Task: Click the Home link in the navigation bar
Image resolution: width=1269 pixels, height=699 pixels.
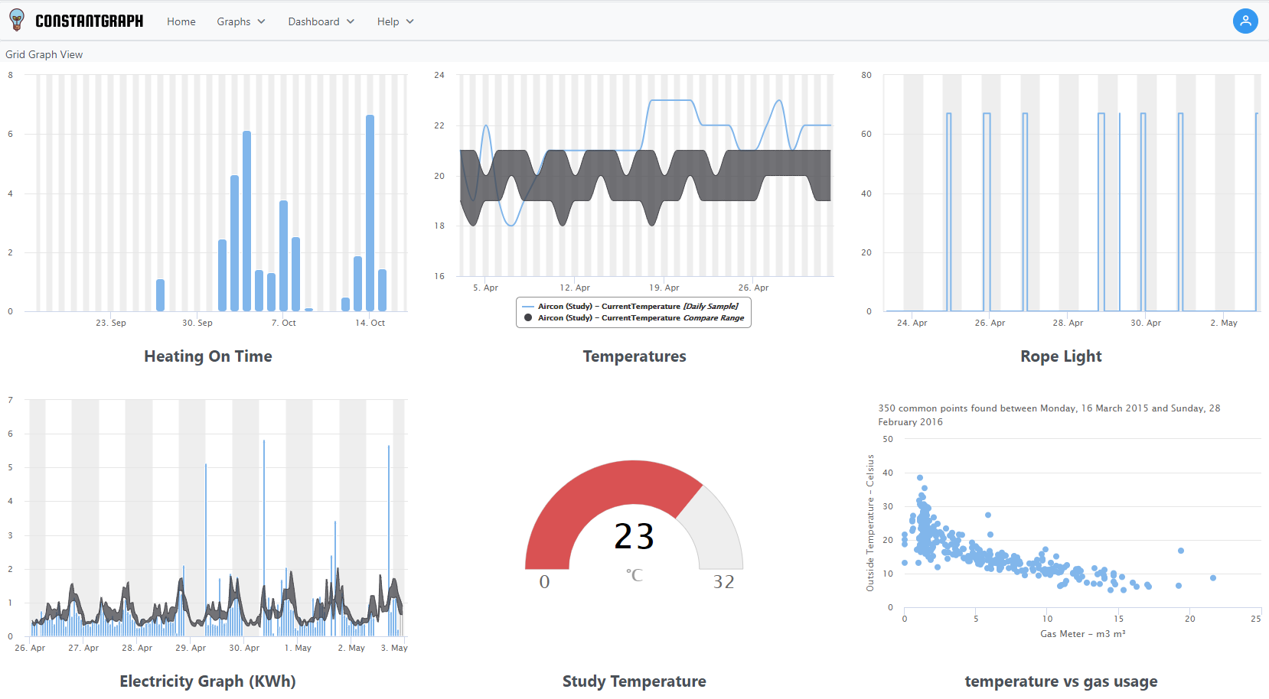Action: (181, 21)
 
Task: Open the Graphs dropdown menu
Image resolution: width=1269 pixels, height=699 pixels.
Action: (240, 21)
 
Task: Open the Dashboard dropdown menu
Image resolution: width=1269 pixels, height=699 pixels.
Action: (321, 21)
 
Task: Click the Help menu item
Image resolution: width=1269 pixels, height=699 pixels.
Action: (395, 21)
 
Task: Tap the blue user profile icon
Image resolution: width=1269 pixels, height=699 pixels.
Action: (1245, 21)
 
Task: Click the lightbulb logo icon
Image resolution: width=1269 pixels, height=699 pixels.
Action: (17, 21)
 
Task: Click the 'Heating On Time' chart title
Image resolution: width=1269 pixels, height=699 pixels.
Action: (208, 356)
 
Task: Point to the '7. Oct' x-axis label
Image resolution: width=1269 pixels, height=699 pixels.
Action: (284, 323)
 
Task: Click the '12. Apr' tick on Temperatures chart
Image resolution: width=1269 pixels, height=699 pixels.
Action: (575, 288)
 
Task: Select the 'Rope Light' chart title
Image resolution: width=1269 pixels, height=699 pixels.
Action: (1061, 356)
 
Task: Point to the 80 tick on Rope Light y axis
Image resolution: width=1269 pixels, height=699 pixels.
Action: (866, 75)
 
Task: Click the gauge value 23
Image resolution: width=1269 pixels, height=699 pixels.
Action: (634, 536)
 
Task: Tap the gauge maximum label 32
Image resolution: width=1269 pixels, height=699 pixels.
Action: (724, 582)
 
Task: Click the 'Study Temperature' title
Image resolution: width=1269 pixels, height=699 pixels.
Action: (634, 681)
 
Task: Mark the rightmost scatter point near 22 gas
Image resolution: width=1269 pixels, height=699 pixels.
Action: (1213, 578)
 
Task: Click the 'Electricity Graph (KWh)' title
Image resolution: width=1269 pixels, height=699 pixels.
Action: (207, 681)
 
